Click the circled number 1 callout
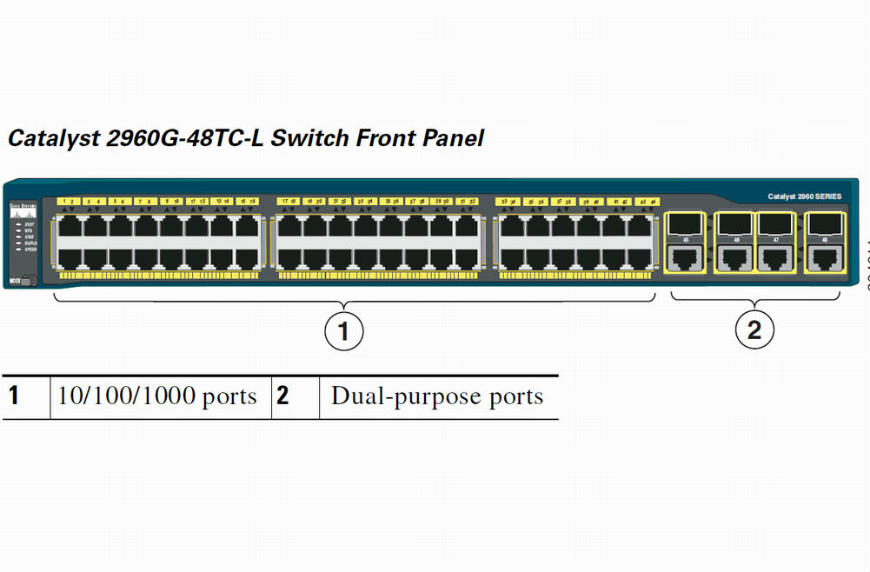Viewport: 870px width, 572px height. click(x=343, y=329)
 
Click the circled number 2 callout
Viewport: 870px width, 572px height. click(x=754, y=329)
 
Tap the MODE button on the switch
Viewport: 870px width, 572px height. click(x=17, y=280)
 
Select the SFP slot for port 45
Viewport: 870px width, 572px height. click(x=687, y=223)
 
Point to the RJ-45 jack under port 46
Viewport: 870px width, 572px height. click(x=735, y=257)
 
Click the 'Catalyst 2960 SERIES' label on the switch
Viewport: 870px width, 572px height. click(x=804, y=196)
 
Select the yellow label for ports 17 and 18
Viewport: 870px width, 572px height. click(x=289, y=201)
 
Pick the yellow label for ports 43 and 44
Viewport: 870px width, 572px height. click(x=646, y=201)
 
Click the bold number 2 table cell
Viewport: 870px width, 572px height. click(x=283, y=396)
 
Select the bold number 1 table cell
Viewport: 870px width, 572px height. click(x=14, y=396)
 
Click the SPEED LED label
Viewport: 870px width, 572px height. click(x=30, y=249)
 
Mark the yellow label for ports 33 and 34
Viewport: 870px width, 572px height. click(x=508, y=201)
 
